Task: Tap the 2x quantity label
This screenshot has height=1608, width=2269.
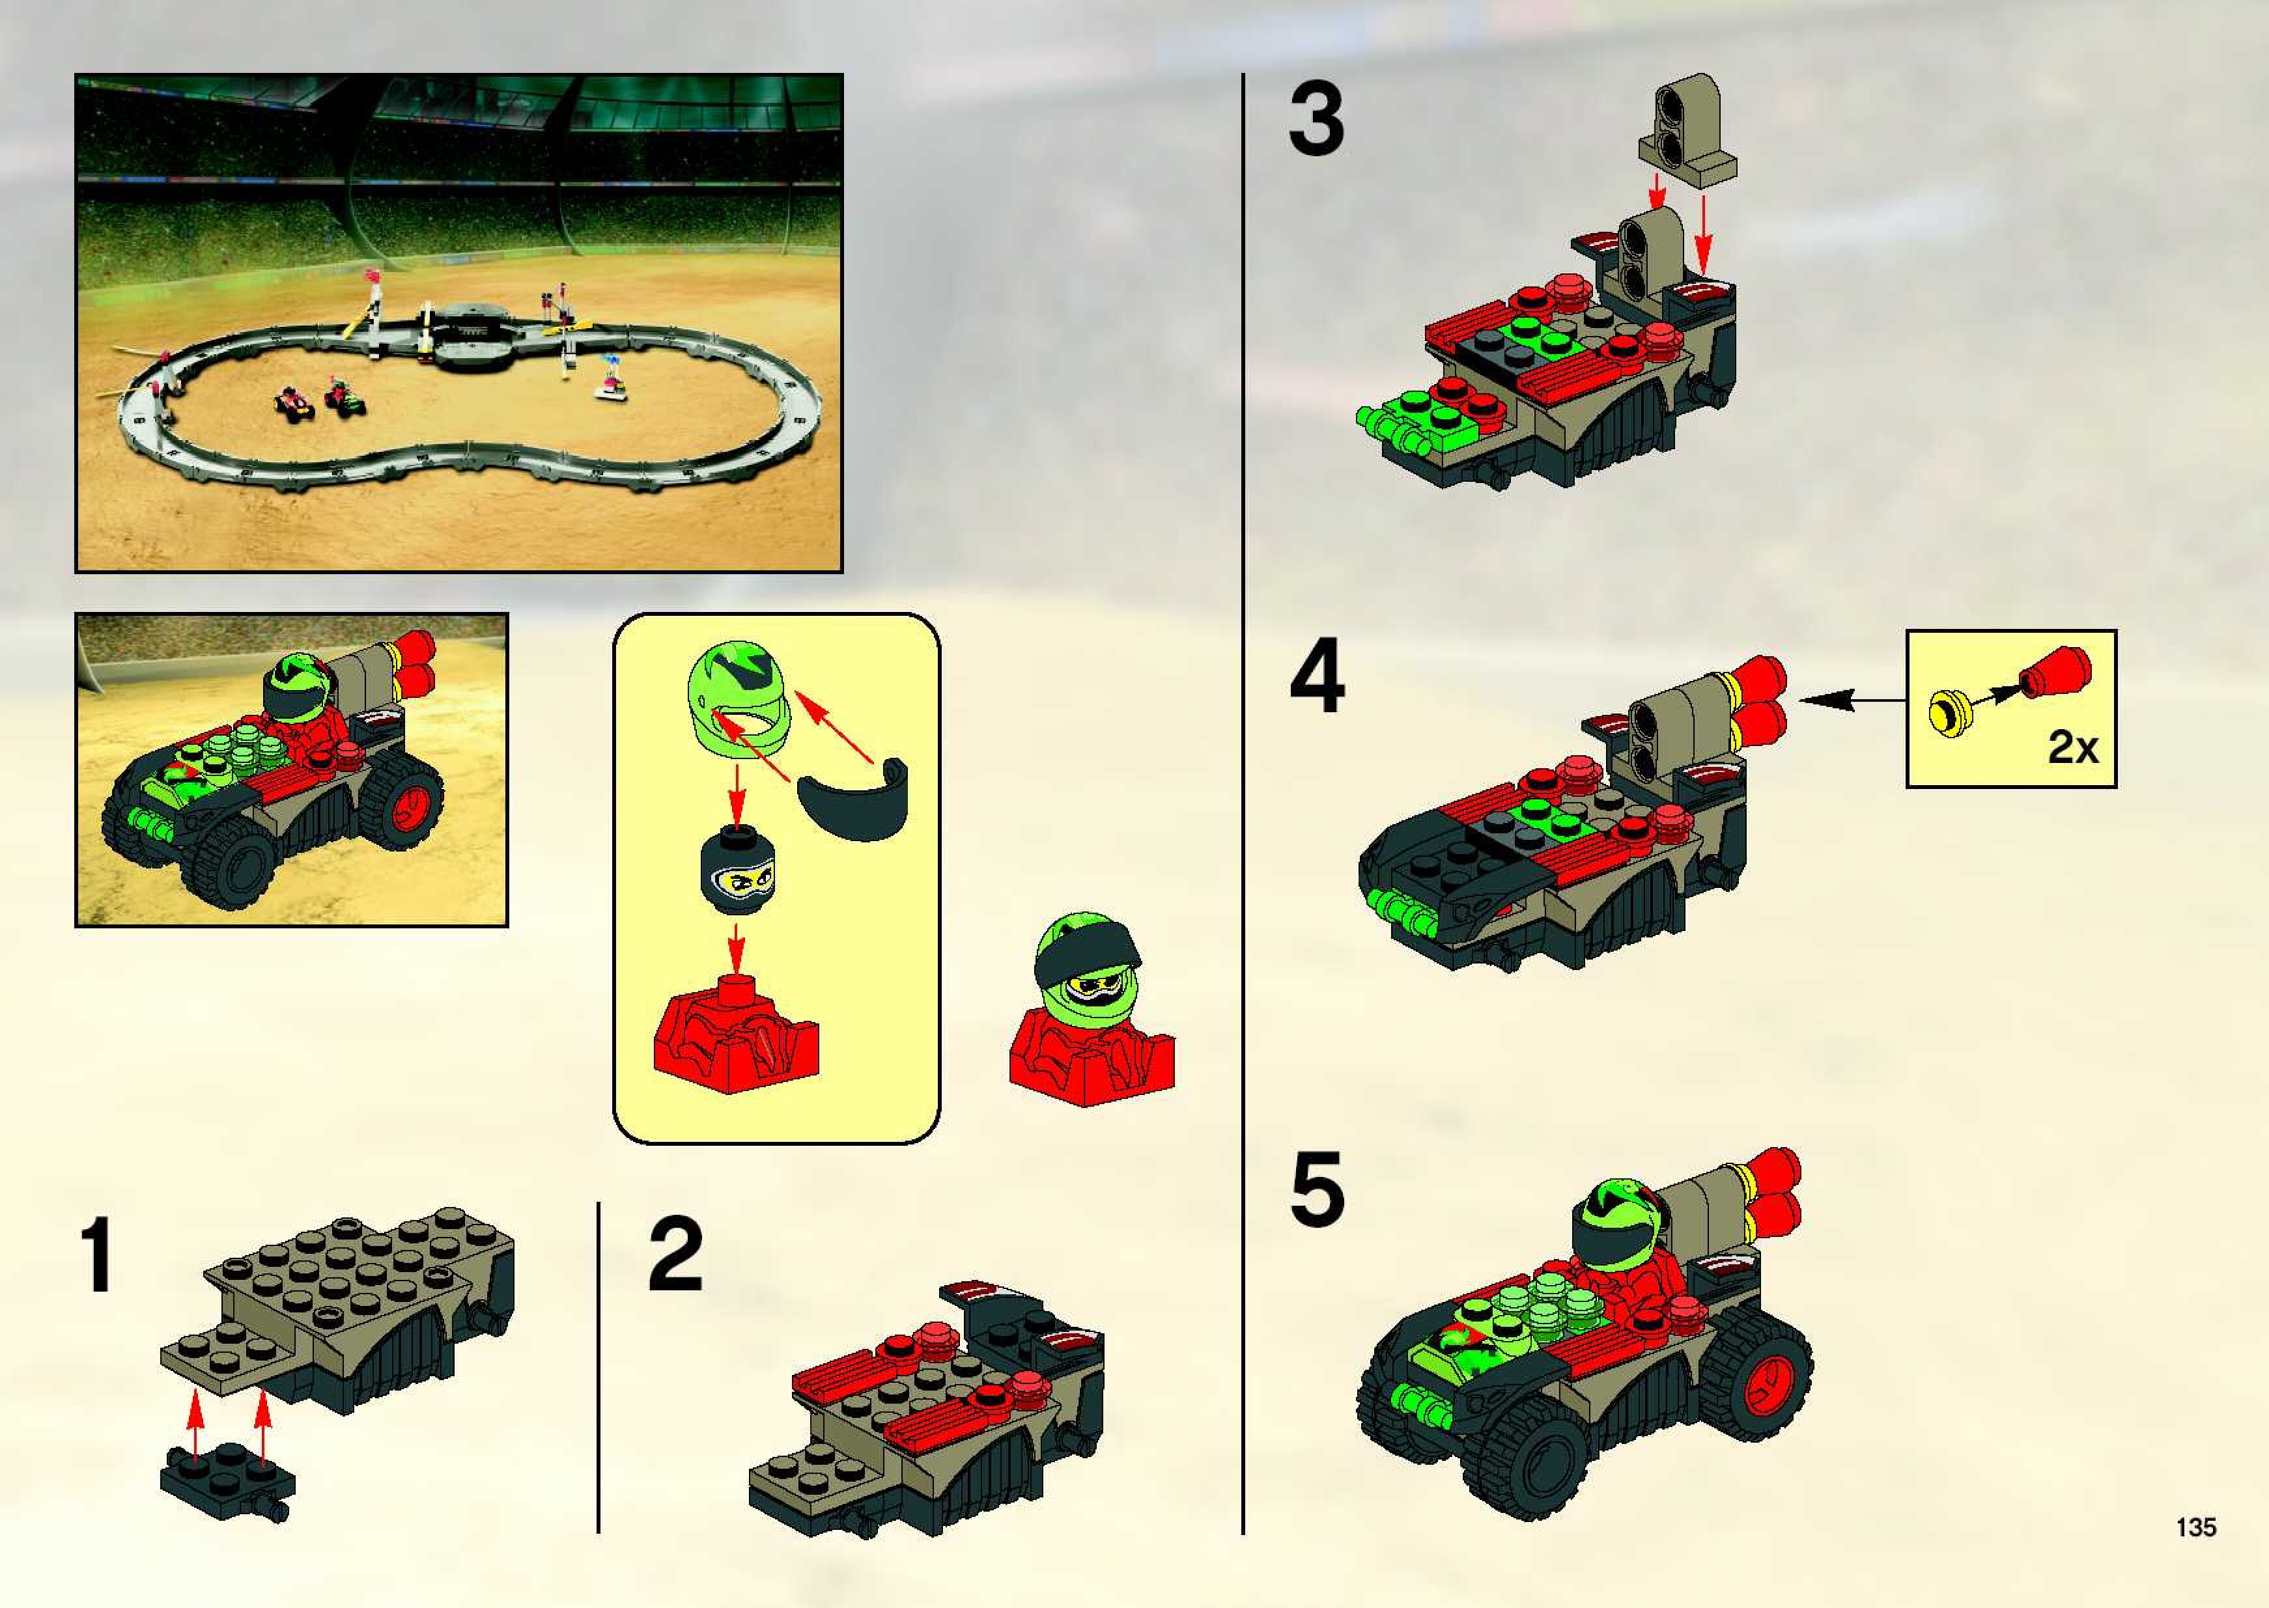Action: [x=2073, y=747]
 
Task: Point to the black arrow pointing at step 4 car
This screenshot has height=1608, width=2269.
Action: [x=1852, y=700]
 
